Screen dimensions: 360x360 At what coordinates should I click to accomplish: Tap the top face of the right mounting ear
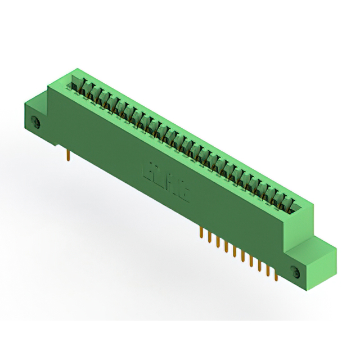318,245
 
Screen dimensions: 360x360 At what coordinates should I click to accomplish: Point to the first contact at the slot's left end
78,84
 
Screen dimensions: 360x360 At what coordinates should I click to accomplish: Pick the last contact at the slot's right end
290,202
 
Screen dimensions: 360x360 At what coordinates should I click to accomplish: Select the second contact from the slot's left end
86,89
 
